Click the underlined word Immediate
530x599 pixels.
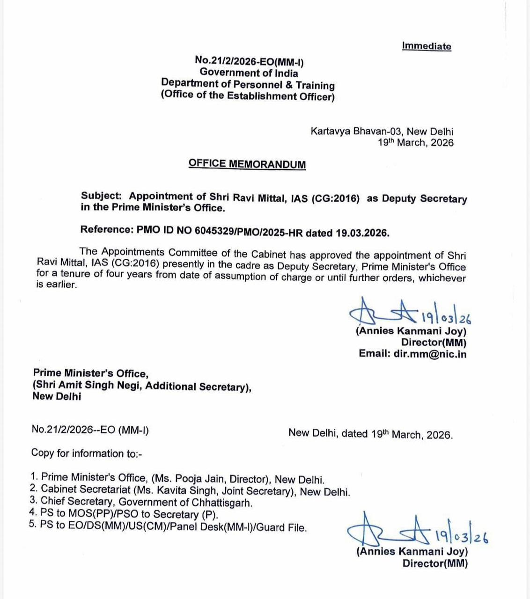(427, 46)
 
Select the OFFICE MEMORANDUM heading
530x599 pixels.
(247, 164)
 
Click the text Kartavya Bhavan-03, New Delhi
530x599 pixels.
(382, 131)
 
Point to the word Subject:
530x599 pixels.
(101, 196)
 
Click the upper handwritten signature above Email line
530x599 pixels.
(384, 311)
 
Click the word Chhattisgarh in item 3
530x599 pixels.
(221, 503)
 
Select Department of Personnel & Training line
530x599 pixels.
(248, 85)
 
